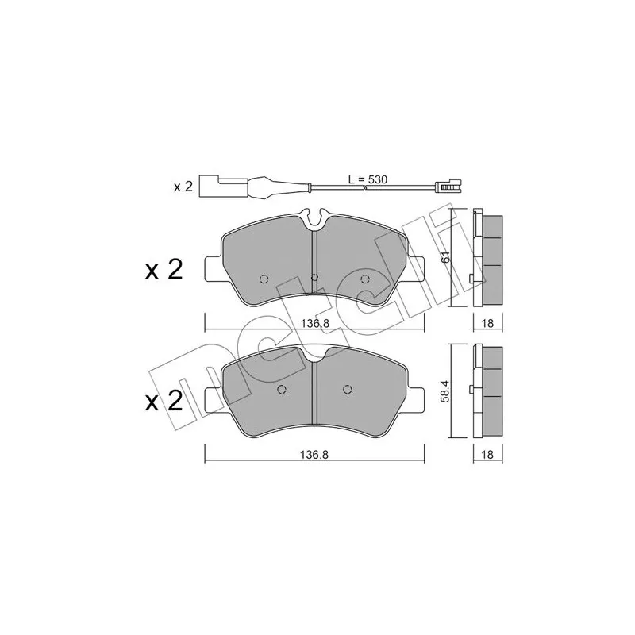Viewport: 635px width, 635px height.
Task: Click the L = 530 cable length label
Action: pos(368,179)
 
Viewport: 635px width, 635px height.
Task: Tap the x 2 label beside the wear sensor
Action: pos(183,187)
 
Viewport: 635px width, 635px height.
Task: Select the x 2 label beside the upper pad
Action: pos(164,270)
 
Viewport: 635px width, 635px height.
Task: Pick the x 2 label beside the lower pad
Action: pos(164,402)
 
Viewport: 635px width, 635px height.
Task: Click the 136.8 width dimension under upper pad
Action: pos(314,323)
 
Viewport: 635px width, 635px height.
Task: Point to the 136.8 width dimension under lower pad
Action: pos(314,455)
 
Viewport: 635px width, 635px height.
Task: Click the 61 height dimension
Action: pos(445,257)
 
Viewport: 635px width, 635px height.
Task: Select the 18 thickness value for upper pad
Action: pos(488,323)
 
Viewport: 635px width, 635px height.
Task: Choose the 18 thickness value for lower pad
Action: pos(488,455)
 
